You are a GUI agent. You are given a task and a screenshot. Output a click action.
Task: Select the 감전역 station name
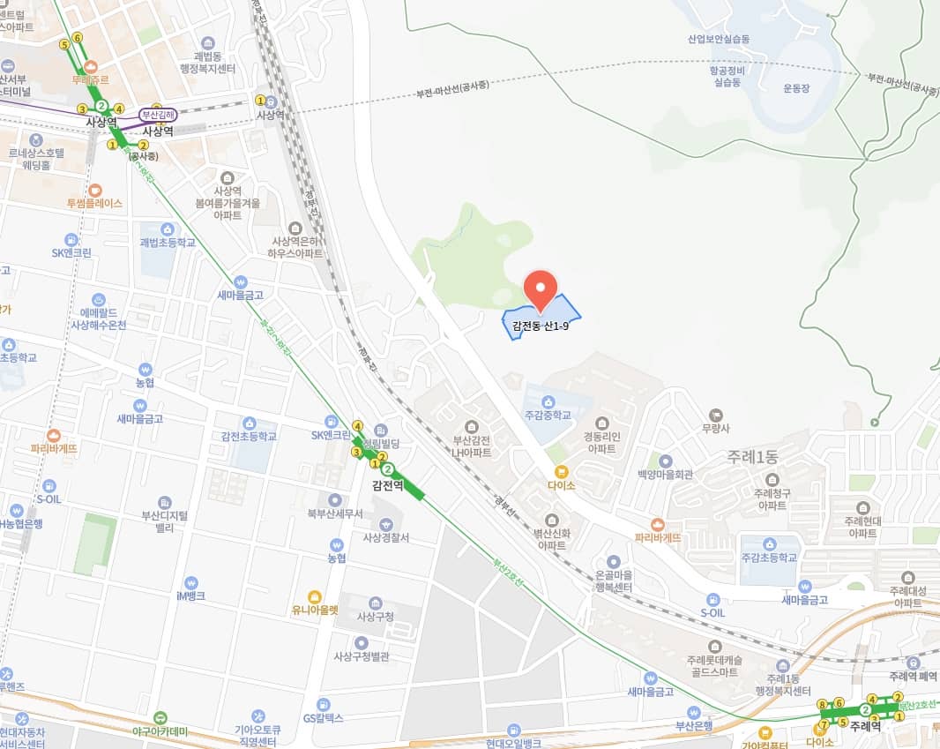tap(387, 485)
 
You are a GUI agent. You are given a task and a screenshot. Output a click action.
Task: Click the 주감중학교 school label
tap(548, 415)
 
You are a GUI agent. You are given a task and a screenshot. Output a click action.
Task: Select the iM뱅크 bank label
tap(190, 595)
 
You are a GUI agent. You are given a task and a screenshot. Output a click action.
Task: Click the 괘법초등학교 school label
tap(167, 242)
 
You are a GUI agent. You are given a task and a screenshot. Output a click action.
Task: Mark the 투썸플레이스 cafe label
tap(94, 203)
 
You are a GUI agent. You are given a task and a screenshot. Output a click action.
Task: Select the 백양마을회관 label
tap(665, 475)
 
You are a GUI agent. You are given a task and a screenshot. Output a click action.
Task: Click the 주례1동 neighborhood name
tap(753, 457)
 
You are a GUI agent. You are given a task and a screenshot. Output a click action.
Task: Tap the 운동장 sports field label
tap(801, 87)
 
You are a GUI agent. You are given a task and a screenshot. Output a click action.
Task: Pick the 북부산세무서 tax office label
tap(335, 513)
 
